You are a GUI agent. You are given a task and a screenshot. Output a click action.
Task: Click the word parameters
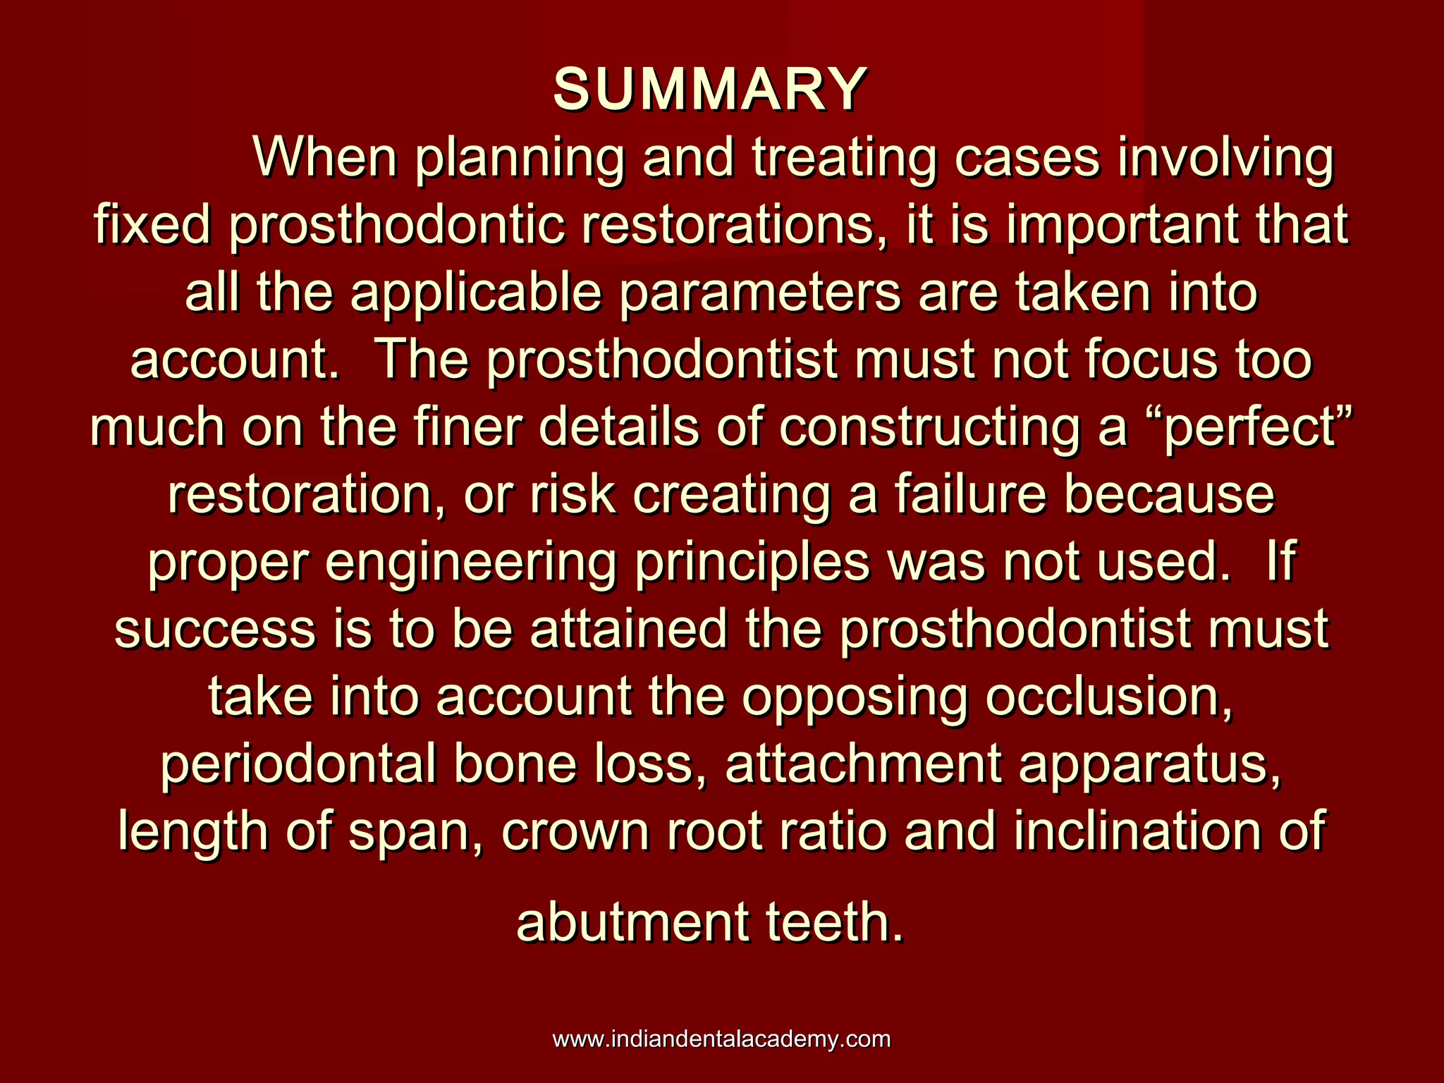(x=760, y=294)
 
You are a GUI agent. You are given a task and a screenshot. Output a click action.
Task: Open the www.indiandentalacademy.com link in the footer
(x=721, y=1039)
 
